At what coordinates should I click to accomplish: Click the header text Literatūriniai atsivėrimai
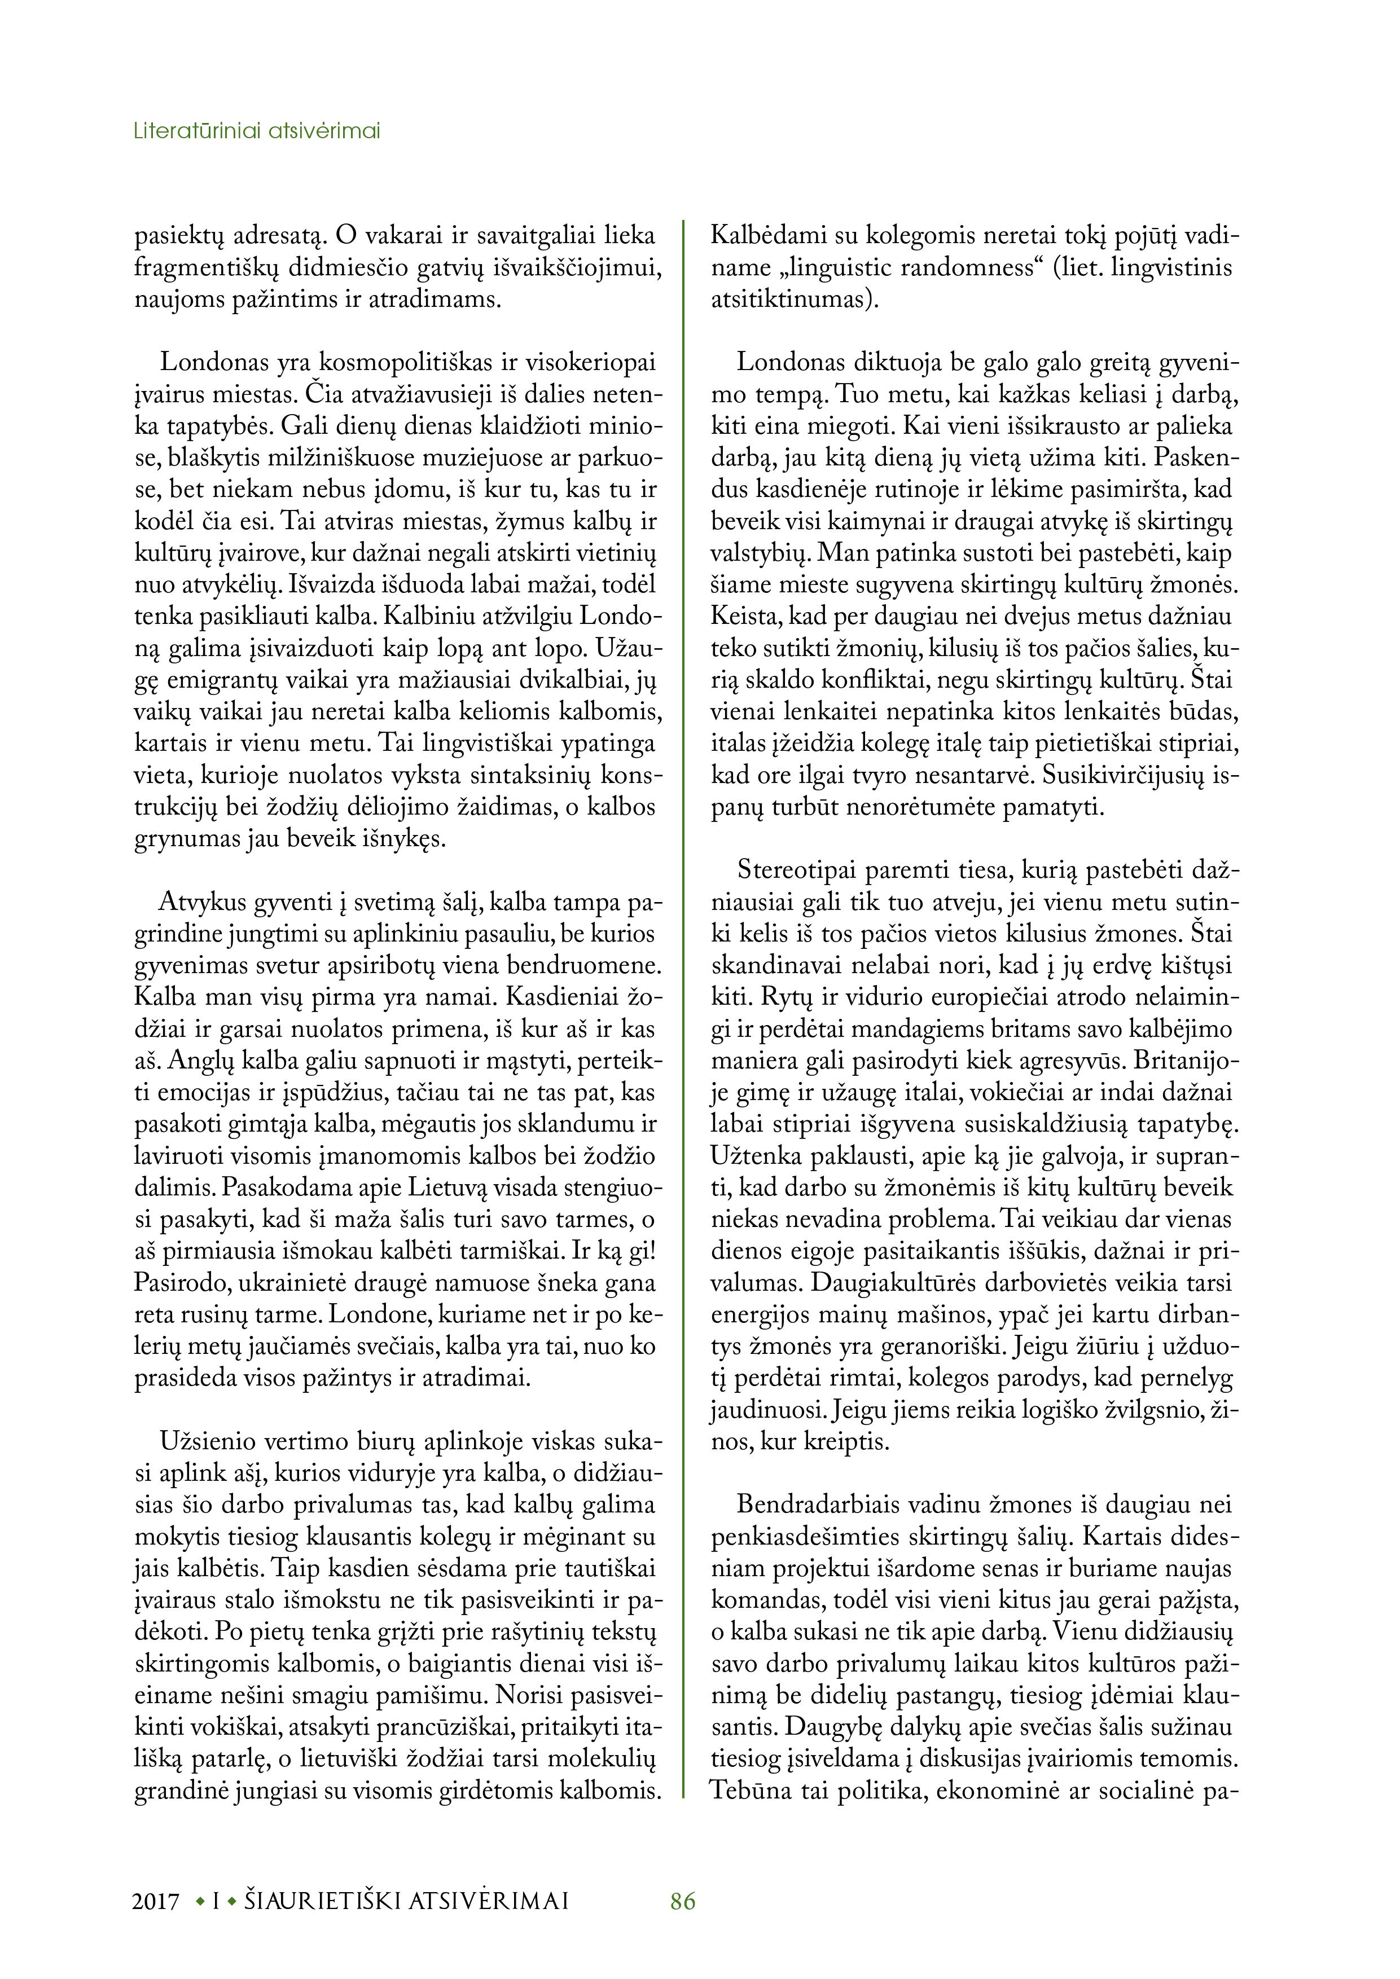pyautogui.click(x=257, y=132)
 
